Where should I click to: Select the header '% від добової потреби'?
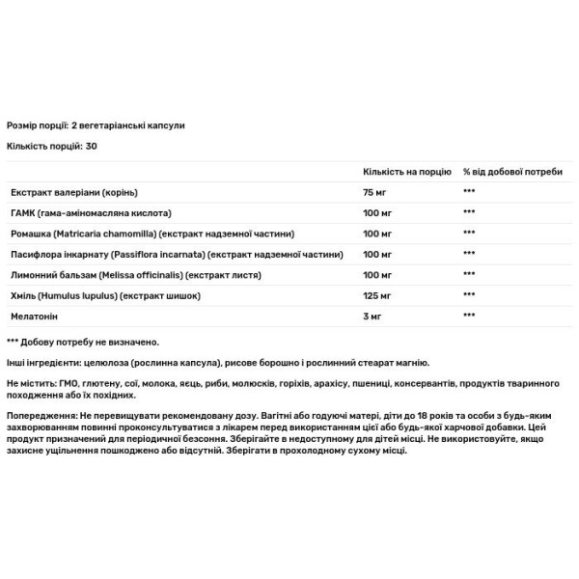tap(512, 170)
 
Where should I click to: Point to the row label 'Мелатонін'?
tap(30, 316)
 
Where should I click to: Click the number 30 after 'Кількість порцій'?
tap(92, 146)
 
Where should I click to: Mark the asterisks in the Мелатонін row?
tap(470, 316)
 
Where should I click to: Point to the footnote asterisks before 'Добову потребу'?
tap(12, 343)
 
